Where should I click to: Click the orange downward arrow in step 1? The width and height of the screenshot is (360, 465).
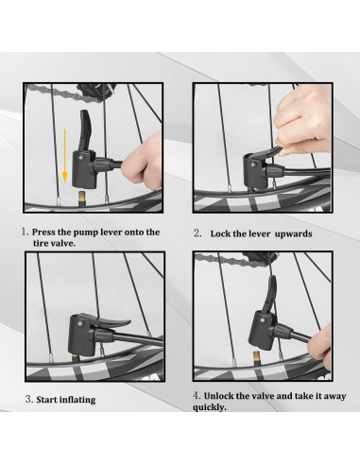(x=64, y=155)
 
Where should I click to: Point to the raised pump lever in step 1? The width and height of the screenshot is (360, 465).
(x=86, y=130)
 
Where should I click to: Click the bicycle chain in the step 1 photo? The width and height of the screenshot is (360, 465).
(x=63, y=93)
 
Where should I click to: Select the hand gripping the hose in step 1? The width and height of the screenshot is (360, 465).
(x=143, y=162)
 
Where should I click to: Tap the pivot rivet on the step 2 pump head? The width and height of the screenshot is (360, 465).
(x=252, y=164)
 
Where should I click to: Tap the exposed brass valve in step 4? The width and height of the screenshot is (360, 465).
(x=256, y=358)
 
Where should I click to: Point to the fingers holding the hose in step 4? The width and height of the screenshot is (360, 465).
(x=319, y=347)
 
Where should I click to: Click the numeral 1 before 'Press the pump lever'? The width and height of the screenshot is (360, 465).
(x=25, y=232)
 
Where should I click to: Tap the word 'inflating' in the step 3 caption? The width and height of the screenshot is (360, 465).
(x=77, y=400)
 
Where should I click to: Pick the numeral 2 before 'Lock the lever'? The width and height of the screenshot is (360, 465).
(x=197, y=233)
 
